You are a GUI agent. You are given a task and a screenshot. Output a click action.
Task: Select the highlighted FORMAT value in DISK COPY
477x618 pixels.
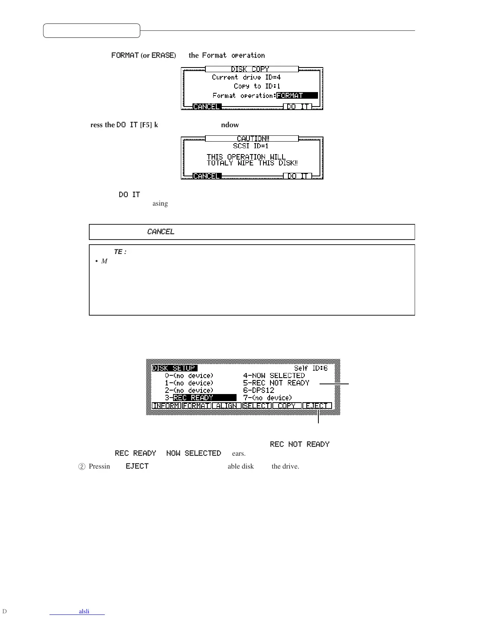(x=297, y=96)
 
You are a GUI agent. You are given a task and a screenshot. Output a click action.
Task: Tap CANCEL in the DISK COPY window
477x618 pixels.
(x=207, y=107)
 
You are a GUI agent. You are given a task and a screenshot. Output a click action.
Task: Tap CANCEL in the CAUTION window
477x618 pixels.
(x=207, y=176)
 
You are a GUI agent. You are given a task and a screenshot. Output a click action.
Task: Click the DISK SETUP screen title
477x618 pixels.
(x=174, y=368)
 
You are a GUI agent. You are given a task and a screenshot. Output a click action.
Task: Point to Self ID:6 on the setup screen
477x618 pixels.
(x=311, y=368)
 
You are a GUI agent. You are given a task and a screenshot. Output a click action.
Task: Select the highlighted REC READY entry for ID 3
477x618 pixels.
(x=204, y=398)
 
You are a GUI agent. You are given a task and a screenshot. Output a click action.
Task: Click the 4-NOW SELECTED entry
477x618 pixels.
(x=274, y=375)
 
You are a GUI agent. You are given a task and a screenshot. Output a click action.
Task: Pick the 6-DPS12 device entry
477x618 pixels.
(x=259, y=390)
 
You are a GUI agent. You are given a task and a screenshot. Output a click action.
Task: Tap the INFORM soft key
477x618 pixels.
(x=166, y=406)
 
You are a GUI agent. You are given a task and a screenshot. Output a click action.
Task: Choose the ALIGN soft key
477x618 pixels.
(x=226, y=406)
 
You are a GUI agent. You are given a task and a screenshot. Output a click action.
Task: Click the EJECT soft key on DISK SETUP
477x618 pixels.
(x=317, y=406)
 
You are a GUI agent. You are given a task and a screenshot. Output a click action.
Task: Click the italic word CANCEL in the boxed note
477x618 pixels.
(x=161, y=232)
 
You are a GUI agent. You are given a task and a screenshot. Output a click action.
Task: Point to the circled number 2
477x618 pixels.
(x=82, y=467)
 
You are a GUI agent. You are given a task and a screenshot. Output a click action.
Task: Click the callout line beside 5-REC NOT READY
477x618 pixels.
(x=334, y=384)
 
